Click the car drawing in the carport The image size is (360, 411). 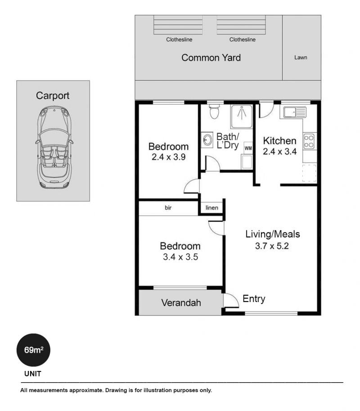pyautogui.click(x=54, y=148)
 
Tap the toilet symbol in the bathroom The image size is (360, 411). pyautogui.click(x=214, y=112)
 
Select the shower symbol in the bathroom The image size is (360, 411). pyautogui.click(x=242, y=117)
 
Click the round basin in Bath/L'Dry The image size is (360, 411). pyautogui.click(x=207, y=140)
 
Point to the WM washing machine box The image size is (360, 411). pyautogui.click(x=248, y=148)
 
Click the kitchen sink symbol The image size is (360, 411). pyautogui.click(x=295, y=112)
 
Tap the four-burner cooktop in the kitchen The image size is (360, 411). pyautogui.click(x=309, y=141)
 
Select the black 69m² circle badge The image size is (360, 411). pyautogui.click(x=33, y=350)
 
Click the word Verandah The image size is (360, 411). pyautogui.click(x=181, y=303)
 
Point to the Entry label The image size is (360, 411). pyautogui.click(x=254, y=299)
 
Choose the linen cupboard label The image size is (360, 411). pyautogui.click(x=211, y=208)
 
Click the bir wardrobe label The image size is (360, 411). pyautogui.click(x=168, y=208)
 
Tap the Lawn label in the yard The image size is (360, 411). pyautogui.click(x=301, y=58)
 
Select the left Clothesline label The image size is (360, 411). pyautogui.click(x=179, y=40)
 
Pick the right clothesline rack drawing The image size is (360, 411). pyautogui.click(x=241, y=25)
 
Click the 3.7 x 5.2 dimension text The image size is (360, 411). pyautogui.click(x=272, y=246)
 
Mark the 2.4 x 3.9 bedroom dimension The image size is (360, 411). pyautogui.click(x=168, y=157)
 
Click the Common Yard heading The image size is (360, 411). pyautogui.click(x=211, y=58)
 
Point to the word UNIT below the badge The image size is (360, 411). pyautogui.click(x=33, y=374)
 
